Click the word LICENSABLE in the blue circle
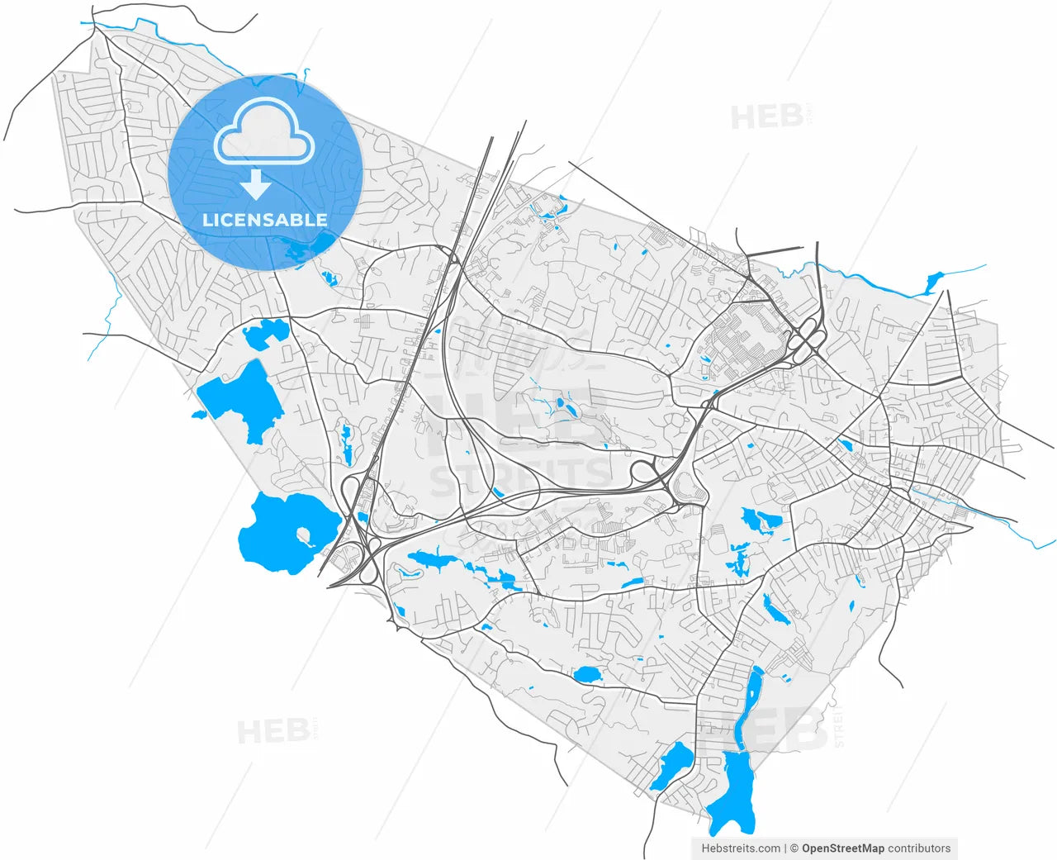pos(265,220)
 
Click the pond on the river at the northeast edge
pos(934,282)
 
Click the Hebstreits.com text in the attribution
pos(741,848)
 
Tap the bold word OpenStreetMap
pos(842,848)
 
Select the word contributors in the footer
pos(919,848)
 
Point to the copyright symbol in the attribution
pos(794,848)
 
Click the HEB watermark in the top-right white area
pos(767,117)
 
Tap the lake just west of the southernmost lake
pos(671,767)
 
